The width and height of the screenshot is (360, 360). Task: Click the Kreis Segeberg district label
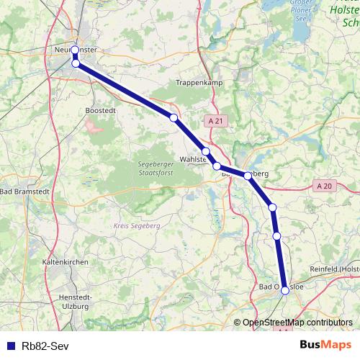[x=135, y=225]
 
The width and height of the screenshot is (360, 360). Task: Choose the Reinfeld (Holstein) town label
[x=335, y=269]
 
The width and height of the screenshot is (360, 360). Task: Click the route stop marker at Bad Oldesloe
[x=285, y=290]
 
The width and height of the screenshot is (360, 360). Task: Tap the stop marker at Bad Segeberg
[x=248, y=175]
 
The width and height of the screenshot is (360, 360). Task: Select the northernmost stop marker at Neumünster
[x=75, y=50]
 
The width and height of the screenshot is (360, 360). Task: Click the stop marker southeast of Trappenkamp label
[x=174, y=117]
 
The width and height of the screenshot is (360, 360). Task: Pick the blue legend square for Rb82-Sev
[x=10, y=345]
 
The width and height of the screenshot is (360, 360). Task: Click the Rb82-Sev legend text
[x=45, y=345]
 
